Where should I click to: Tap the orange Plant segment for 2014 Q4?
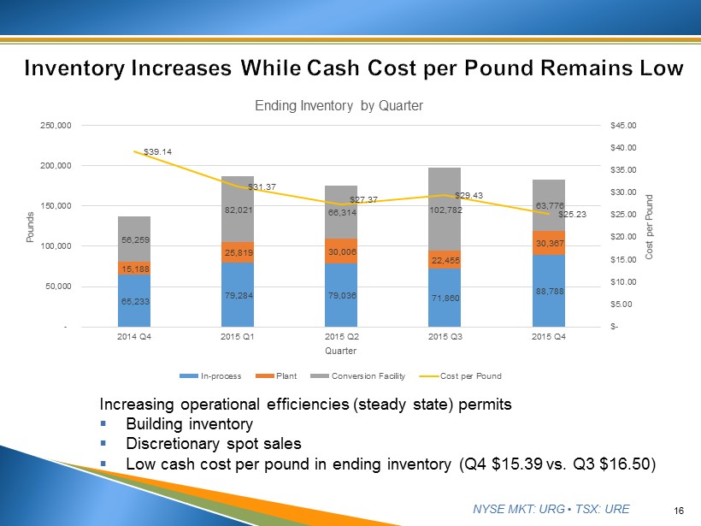click(134, 268)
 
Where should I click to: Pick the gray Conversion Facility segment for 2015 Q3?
click(445, 210)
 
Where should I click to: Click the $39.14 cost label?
click(158, 152)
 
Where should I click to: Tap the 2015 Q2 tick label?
click(341, 336)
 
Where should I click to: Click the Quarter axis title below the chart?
click(341, 351)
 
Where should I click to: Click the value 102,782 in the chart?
click(445, 210)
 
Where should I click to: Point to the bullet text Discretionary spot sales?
click(213, 444)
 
